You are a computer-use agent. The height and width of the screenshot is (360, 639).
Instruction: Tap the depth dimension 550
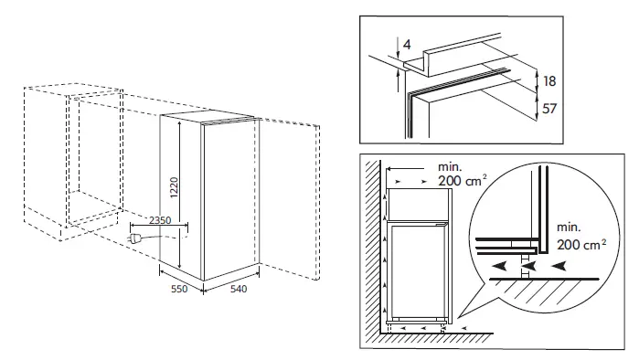point(179,289)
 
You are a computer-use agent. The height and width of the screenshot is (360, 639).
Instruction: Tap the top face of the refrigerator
point(208,119)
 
